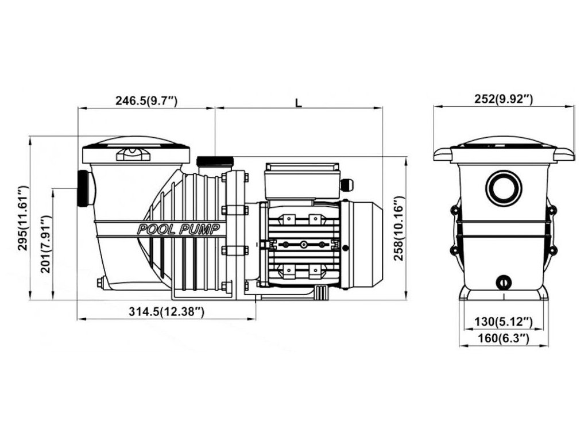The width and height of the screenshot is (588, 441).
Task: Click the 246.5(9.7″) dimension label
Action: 146,101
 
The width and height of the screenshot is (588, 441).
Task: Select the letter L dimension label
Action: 298,102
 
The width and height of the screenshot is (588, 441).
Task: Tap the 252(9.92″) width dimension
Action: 504,99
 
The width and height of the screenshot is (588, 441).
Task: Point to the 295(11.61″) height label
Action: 23,218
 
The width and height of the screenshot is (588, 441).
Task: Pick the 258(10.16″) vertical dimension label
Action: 399,229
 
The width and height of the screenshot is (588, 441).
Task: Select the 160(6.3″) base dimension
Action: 503,339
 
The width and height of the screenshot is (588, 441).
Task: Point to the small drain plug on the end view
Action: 503,282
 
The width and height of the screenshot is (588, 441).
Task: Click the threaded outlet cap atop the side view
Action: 215,163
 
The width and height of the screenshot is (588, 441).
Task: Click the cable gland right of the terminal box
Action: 348,184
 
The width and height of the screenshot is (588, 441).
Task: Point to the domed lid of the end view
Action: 503,142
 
